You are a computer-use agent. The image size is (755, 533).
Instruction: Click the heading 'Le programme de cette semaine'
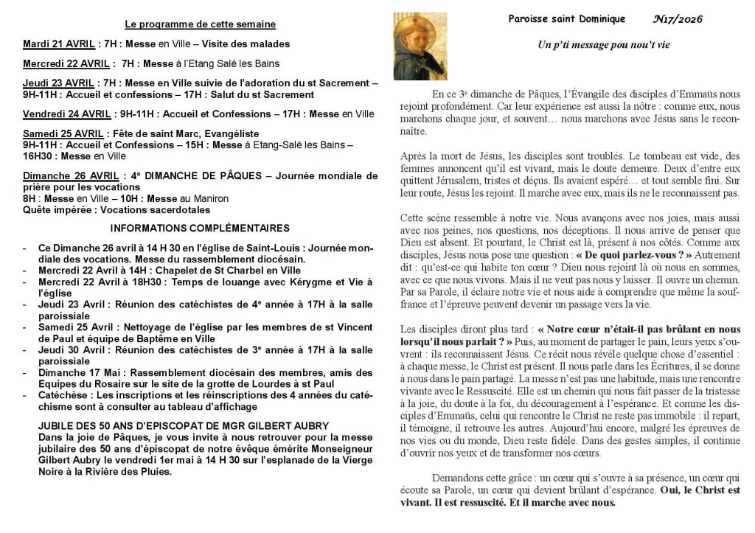tap(201, 24)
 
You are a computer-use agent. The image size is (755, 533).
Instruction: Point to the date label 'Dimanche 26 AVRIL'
tap(71, 176)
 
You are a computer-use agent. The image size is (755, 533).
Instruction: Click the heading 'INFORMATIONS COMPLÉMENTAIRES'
tap(200, 229)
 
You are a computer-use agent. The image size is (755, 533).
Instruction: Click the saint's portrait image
tap(420, 46)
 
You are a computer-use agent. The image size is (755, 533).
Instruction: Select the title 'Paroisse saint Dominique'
tap(566, 19)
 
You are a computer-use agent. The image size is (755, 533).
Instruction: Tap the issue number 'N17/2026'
tap(678, 19)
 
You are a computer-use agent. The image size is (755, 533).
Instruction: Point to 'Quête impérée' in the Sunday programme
tap(57, 209)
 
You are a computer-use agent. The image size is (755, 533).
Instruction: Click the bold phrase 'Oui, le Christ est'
tap(699, 490)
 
